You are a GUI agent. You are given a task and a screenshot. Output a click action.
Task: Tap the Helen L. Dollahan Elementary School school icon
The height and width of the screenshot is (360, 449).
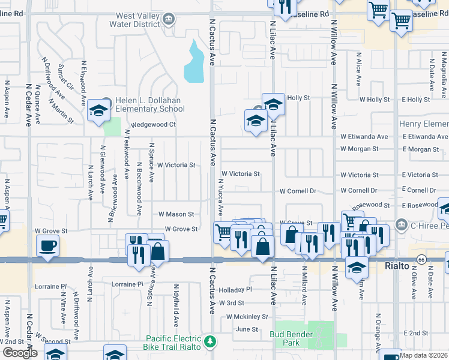97,110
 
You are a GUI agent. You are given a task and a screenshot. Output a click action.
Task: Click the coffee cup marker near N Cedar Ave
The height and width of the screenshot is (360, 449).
47,244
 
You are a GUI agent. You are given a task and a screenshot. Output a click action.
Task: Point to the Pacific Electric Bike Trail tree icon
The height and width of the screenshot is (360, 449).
210,341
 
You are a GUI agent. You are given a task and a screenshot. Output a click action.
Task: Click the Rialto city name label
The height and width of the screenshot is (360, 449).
397,265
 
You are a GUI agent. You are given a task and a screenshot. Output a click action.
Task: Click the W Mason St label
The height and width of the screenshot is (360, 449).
176,214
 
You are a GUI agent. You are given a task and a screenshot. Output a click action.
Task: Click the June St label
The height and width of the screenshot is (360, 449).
246,329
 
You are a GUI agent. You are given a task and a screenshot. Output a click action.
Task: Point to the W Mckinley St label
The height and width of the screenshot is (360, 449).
247,316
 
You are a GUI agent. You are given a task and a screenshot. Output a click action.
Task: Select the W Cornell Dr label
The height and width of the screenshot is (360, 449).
297,191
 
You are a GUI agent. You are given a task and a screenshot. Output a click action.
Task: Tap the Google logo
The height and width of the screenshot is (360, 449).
20,352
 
